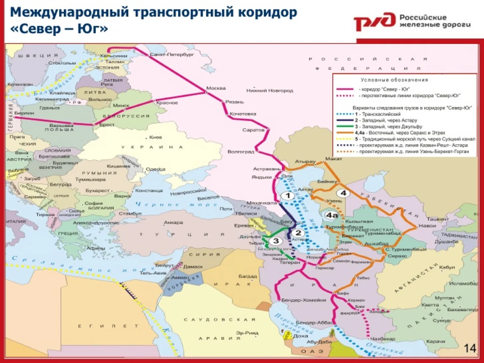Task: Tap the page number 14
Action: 470,348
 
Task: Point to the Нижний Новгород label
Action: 273,91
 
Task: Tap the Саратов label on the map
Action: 253,130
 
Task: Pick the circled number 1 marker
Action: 288,196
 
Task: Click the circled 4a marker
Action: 332,216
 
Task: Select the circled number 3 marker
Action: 276,241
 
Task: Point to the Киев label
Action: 155,137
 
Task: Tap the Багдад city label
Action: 248,276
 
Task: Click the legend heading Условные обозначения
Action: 394,80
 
